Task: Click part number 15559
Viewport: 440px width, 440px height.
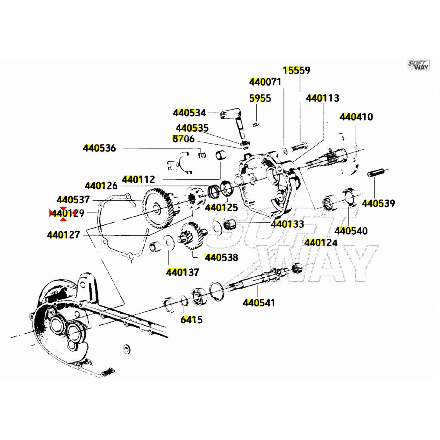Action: point(296,70)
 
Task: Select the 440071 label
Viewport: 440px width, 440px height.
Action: point(265,82)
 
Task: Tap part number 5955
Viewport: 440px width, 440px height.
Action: point(260,98)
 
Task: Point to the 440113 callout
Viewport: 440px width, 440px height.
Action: point(322,98)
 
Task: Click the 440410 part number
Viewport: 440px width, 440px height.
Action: point(356,117)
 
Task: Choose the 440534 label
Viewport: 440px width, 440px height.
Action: point(189,113)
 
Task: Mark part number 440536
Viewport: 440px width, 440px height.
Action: point(99,148)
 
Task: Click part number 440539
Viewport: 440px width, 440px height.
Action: point(378,203)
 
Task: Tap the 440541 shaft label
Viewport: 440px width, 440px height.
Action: point(259,303)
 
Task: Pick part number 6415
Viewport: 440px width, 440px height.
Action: point(191,320)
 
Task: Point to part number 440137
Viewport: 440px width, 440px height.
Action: point(182,272)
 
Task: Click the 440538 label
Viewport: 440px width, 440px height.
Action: point(221,257)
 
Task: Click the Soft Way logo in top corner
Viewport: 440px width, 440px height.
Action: point(418,65)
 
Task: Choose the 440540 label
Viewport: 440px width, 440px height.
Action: point(351,231)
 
